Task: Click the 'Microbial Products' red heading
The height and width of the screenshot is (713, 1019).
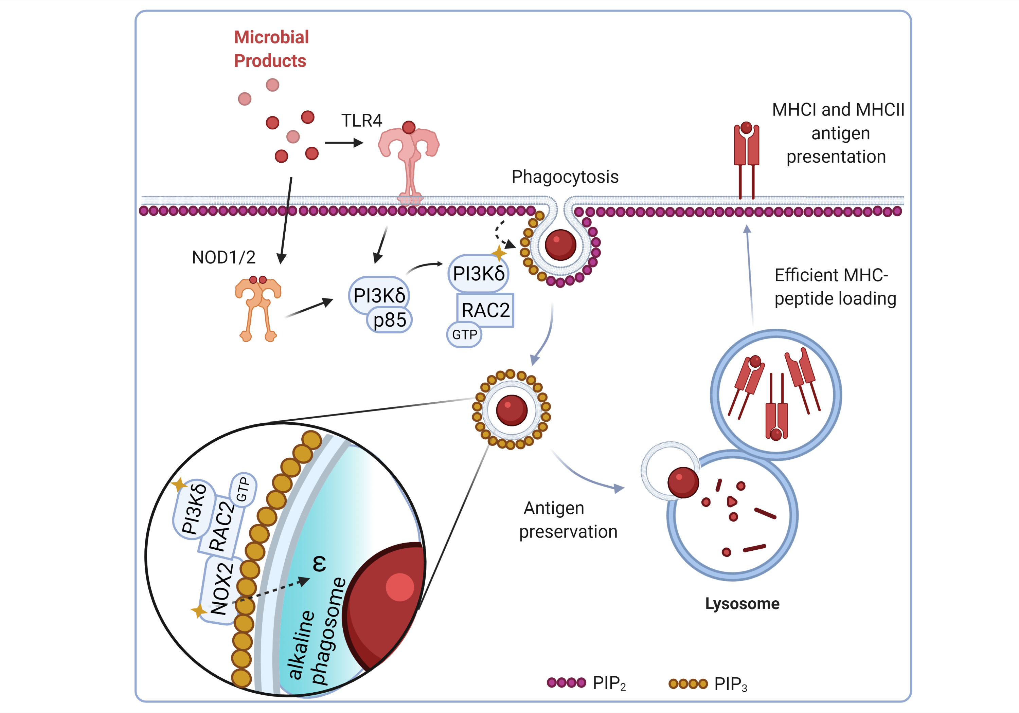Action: (x=271, y=49)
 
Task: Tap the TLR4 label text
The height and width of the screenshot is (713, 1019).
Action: (x=361, y=121)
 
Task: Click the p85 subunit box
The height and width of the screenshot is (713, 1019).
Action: (x=390, y=320)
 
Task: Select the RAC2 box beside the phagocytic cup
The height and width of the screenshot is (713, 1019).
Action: (x=485, y=310)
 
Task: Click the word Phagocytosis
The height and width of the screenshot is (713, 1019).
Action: (x=565, y=177)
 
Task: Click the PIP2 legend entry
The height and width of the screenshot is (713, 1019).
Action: (x=586, y=683)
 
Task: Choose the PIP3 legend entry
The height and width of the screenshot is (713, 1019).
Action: (x=708, y=684)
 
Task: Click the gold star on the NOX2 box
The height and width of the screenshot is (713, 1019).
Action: (x=198, y=610)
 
